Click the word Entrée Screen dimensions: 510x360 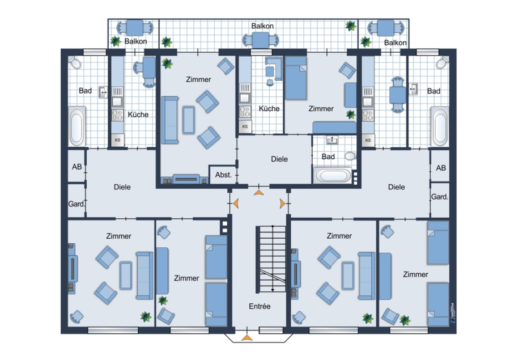point(260,306)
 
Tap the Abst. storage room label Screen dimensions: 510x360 point(223,175)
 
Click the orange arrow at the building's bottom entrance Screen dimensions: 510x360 point(247,338)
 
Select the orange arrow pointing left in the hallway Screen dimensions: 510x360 point(236,204)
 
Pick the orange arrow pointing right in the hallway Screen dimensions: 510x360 point(282,204)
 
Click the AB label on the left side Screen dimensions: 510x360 point(76,167)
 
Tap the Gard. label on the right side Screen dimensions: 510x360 point(439,197)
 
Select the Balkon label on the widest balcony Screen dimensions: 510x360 point(262,26)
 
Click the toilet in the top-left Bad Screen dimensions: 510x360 point(75,63)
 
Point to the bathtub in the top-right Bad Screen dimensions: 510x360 point(440,126)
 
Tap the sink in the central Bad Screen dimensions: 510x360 point(331,140)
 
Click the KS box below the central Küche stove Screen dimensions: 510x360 point(245,126)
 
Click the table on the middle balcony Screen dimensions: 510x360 point(261,41)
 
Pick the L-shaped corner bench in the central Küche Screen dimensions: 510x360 point(274,68)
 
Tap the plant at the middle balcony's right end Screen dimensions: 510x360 point(351,26)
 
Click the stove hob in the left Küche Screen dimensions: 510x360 point(117,115)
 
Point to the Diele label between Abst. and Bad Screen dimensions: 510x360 point(279,159)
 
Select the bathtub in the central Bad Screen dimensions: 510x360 point(333,176)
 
